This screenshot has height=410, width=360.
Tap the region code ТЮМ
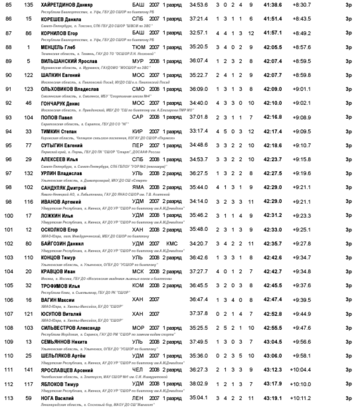[x=138, y=47]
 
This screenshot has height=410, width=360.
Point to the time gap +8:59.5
[x=301, y=61]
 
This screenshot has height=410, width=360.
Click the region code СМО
[x=138, y=89]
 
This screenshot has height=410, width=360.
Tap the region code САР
[x=138, y=117]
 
